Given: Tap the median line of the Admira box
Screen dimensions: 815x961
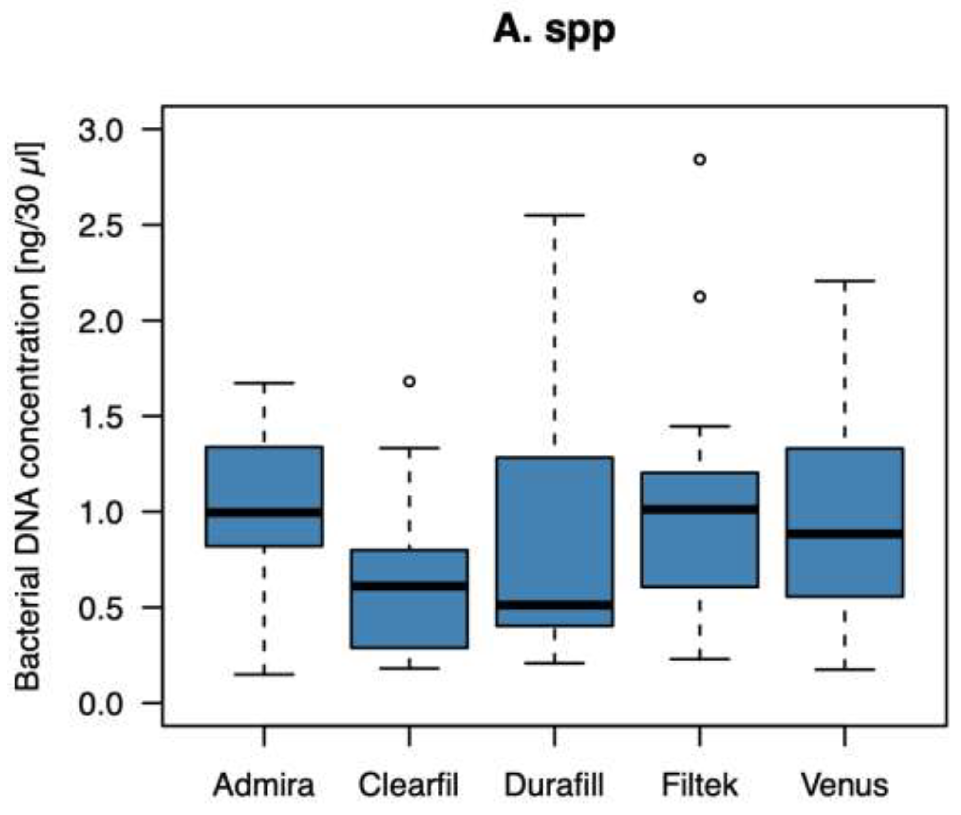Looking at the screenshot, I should pos(264,512).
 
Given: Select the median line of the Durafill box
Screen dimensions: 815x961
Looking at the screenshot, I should pos(554,605).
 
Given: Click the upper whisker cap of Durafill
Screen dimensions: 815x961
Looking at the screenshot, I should pos(554,215).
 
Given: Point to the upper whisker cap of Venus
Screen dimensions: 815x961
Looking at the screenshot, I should pos(845,281).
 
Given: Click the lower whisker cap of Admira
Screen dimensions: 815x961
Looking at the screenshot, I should pos(264,674).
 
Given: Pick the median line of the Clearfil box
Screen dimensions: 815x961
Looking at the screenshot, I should pos(409,586).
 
